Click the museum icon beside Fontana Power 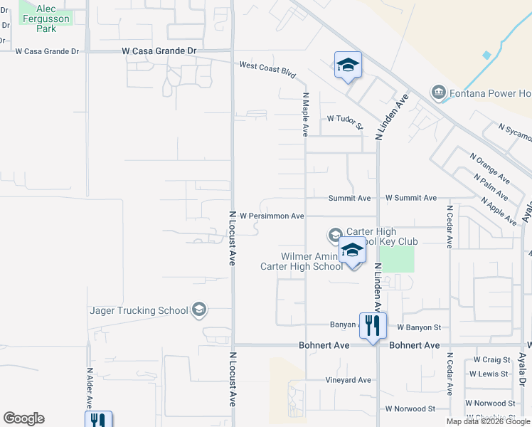[x=437, y=93]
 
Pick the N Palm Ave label [x=491, y=186]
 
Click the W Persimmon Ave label [x=272, y=216]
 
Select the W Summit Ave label [x=410, y=198]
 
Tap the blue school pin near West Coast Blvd [x=348, y=66]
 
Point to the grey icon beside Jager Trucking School [x=199, y=310]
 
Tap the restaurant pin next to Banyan [x=372, y=325]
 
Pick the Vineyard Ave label [x=348, y=380]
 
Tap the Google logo [x=23, y=418]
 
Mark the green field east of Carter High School [x=396, y=258]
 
